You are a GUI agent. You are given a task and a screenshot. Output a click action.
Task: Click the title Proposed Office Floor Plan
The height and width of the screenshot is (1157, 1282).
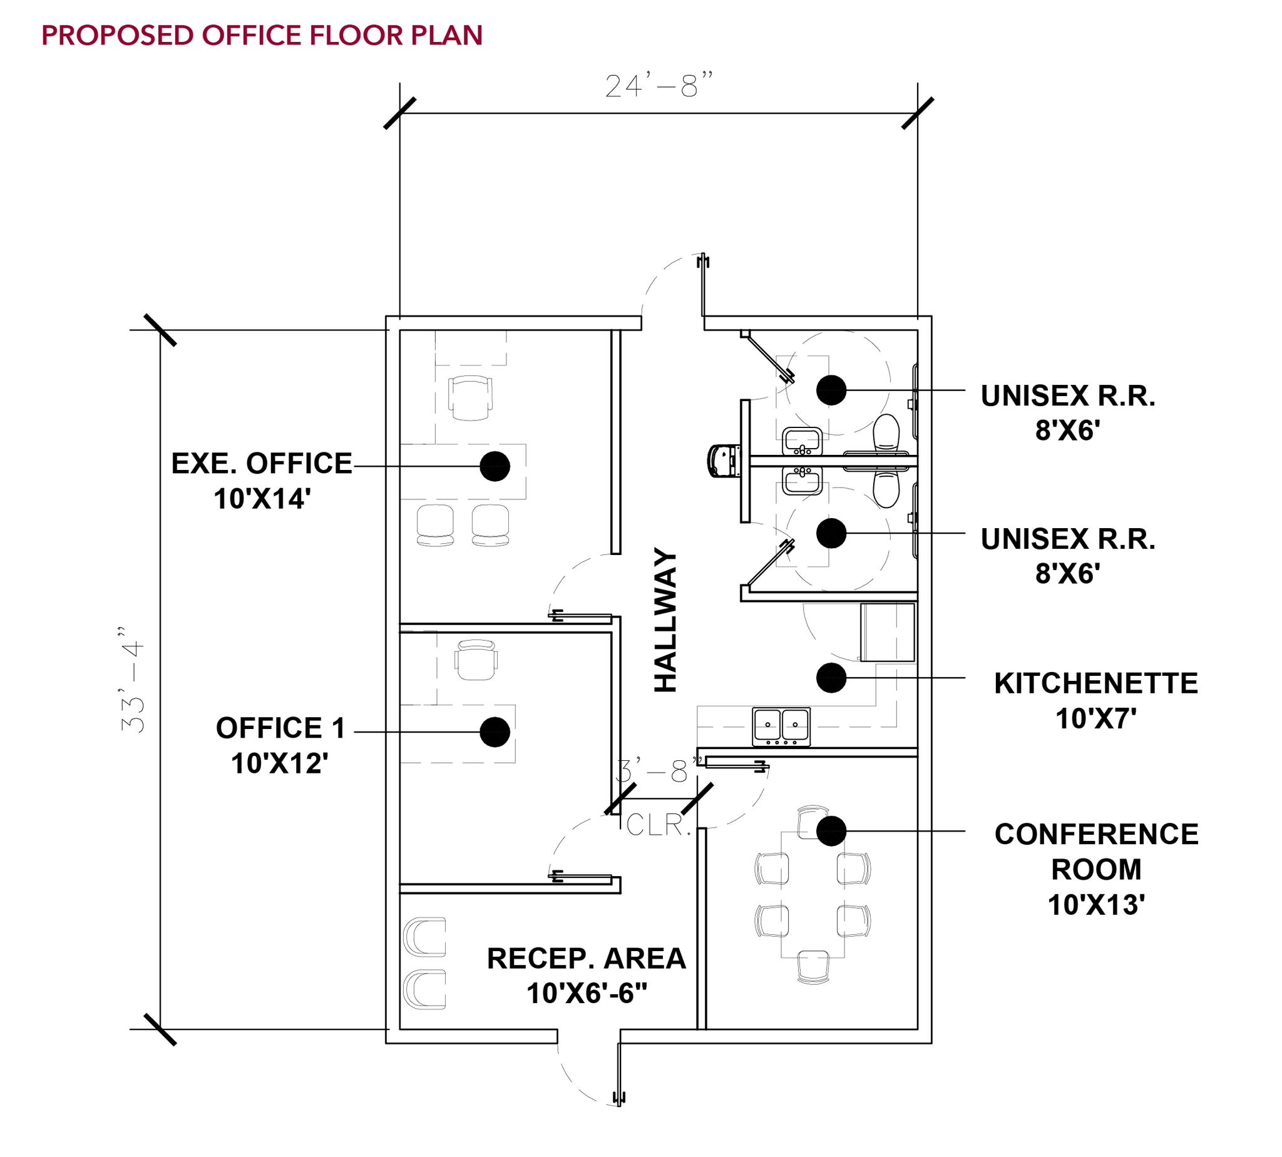(x=262, y=36)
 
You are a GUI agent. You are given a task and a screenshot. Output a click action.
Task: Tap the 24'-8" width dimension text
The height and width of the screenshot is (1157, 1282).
(x=658, y=86)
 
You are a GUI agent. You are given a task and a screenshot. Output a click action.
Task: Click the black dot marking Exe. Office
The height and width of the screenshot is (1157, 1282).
(x=495, y=466)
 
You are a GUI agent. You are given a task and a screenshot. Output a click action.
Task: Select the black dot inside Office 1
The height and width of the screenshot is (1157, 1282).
(x=495, y=731)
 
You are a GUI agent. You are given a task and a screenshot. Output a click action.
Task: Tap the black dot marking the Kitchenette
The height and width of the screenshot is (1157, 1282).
(x=831, y=678)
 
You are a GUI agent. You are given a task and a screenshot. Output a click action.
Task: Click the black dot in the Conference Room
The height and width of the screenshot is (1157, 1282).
(x=831, y=831)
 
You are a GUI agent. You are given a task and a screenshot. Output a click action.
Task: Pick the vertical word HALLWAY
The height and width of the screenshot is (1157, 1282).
(x=666, y=620)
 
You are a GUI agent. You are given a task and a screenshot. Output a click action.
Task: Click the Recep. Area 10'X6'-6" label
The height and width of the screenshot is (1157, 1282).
(x=587, y=976)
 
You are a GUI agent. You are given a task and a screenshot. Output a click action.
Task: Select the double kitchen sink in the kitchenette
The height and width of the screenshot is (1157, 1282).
(x=781, y=726)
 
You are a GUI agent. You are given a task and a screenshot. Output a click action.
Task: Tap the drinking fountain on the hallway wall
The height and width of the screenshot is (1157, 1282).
(x=724, y=461)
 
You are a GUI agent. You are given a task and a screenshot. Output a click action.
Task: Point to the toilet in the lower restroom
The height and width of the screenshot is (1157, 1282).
(x=886, y=489)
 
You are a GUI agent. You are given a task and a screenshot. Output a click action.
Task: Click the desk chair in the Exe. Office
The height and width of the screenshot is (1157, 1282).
(x=470, y=397)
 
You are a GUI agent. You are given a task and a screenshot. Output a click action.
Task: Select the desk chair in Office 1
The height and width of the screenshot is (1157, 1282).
(x=476, y=660)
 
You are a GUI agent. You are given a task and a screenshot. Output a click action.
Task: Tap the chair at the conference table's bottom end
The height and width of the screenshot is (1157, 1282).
(x=813, y=967)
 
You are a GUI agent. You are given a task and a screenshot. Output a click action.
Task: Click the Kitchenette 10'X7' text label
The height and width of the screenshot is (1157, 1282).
(x=1095, y=701)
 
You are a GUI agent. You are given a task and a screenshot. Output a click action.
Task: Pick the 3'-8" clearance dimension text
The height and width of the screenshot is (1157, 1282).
(x=659, y=772)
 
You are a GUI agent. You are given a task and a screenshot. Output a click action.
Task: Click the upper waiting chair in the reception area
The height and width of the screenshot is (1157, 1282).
(x=425, y=936)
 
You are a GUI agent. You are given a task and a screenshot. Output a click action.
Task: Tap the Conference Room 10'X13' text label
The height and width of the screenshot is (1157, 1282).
(x=1095, y=869)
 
